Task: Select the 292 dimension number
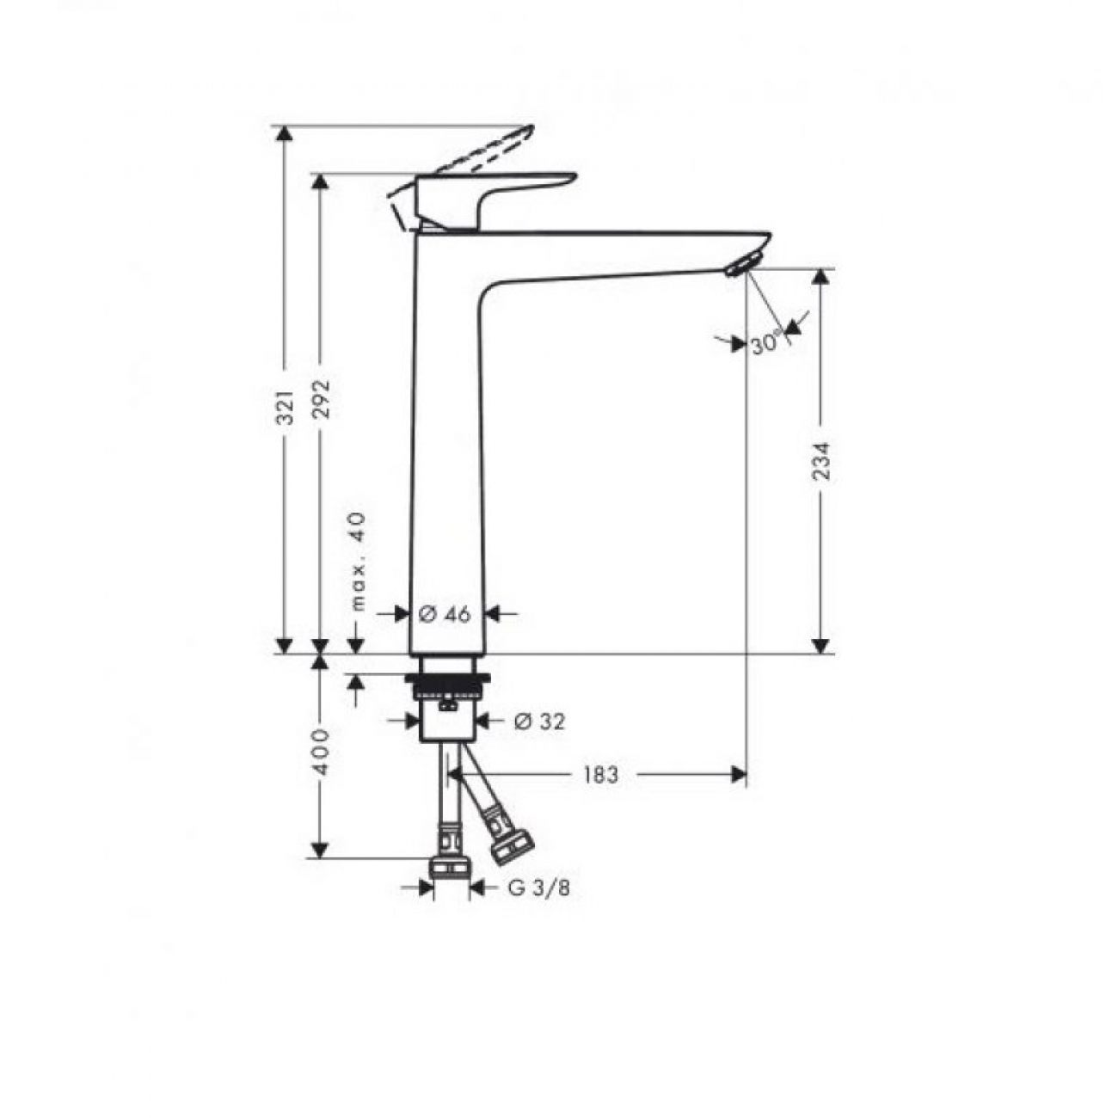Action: [x=320, y=399]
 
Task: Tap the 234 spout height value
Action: [x=821, y=461]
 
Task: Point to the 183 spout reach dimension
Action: [x=600, y=775]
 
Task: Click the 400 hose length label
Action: [x=320, y=752]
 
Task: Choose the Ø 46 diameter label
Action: [x=445, y=614]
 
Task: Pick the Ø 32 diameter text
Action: [x=539, y=722]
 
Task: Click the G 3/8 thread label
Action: [x=539, y=888]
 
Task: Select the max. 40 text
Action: [x=359, y=562]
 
